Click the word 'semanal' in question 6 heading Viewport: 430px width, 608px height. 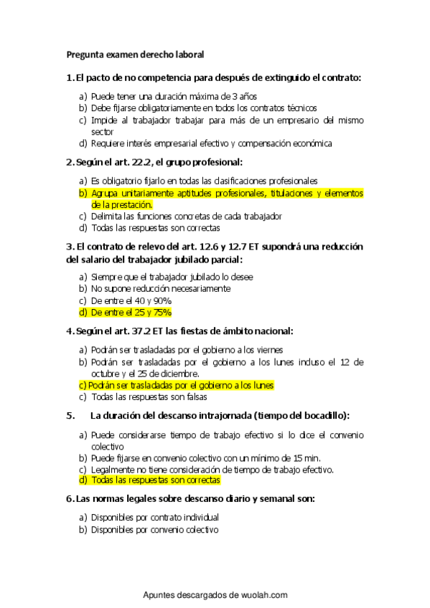tap(251, 498)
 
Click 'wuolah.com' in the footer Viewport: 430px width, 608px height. tap(263, 595)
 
